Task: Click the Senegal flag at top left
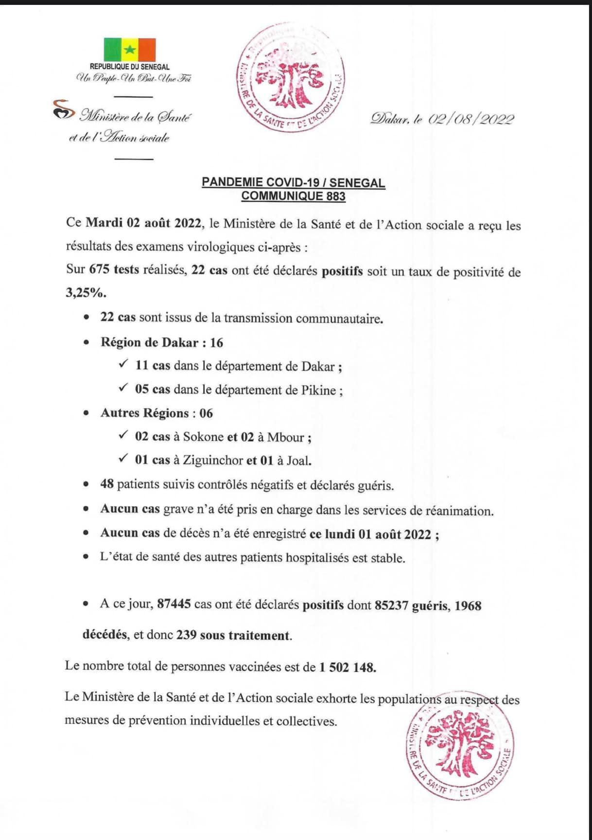(x=129, y=49)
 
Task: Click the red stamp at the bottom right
(x=460, y=751)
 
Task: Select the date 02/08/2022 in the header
(x=471, y=119)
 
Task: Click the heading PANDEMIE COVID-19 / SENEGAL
(x=293, y=183)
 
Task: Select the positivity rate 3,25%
(x=86, y=293)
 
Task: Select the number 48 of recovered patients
(x=107, y=484)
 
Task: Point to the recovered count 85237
(x=391, y=606)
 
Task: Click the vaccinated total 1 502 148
(x=348, y=667)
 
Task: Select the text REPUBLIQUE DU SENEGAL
(x=130, y=67)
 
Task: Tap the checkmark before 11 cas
(x=123, y=364)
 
